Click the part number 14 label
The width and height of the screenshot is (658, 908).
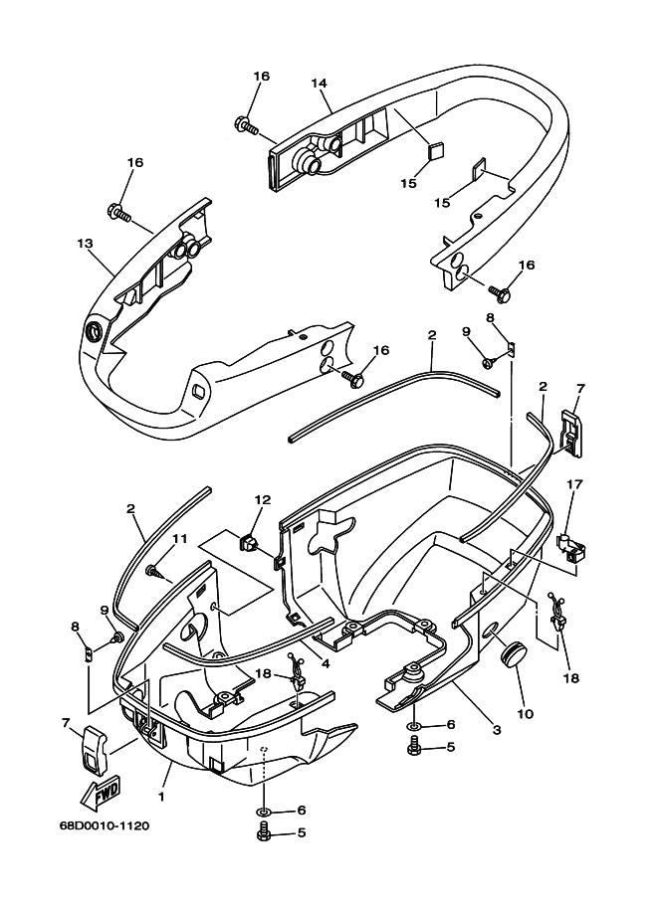[319, 84]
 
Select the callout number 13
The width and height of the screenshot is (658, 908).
[84, 243]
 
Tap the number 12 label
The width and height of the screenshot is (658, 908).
[261, 500]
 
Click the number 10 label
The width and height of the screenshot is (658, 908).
[524, 714]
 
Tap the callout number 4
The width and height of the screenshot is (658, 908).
[326, 662]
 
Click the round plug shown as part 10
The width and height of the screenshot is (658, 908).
[514, 655]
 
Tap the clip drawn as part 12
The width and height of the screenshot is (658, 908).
[248, 542]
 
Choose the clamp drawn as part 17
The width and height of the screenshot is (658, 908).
[567, 545]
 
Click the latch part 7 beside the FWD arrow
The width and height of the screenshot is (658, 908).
[92, 750]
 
